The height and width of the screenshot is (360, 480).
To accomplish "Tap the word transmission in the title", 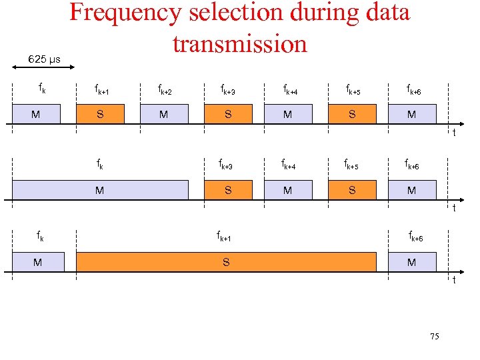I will [240, 43].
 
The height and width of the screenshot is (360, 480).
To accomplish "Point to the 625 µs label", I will [44, 59].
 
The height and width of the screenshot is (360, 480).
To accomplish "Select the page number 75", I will [434, 337].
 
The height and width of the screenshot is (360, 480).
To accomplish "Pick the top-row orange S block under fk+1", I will [100, 114].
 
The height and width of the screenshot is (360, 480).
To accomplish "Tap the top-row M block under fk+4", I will [287, 114].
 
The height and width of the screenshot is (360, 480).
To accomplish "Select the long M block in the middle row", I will [100, 190].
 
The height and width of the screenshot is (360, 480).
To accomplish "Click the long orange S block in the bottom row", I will [226, 262].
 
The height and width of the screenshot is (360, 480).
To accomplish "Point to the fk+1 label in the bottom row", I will [224, 236].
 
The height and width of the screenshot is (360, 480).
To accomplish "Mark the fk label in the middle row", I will [99, 163].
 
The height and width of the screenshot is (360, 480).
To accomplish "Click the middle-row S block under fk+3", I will [228, 190].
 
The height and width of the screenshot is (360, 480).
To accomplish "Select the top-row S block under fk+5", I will [352, 114].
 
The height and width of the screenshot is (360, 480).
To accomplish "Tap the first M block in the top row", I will [35, 114].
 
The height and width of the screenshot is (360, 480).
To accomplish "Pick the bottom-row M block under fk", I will [38, 262].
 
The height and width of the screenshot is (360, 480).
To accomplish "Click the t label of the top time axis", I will [454, 133].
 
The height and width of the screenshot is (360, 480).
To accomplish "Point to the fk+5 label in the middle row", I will [352, 164].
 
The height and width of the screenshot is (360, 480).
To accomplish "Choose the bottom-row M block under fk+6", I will [412, 262].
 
